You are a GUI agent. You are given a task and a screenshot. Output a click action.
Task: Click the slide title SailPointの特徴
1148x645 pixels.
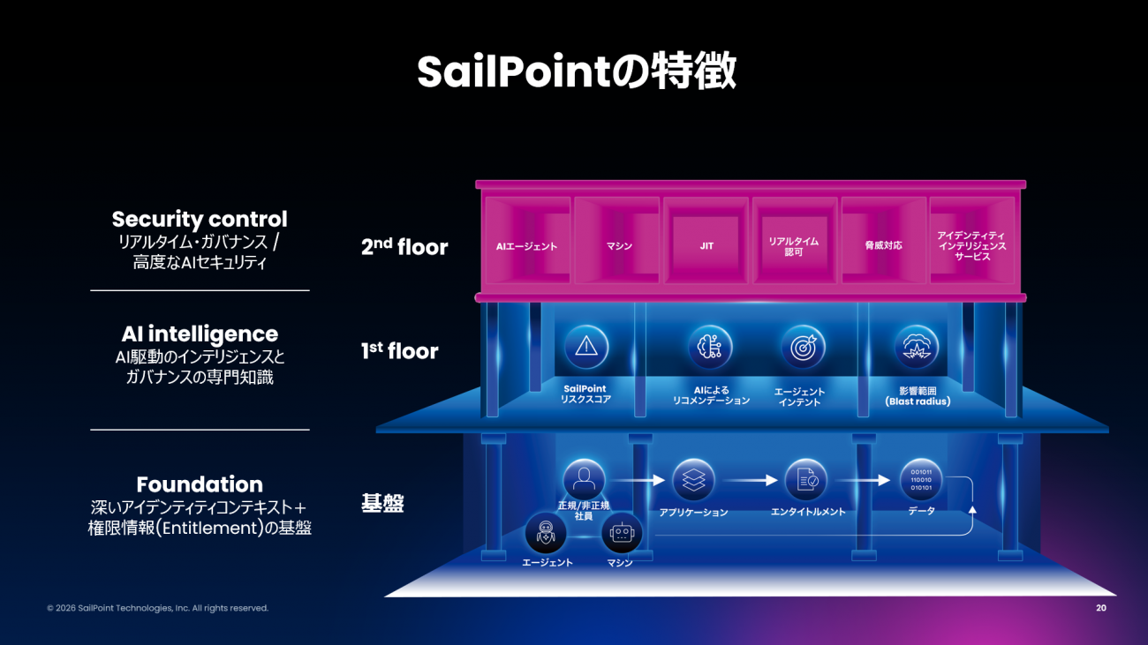pos(576,72)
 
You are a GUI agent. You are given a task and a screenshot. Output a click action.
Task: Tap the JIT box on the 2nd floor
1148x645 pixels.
pos(706,245)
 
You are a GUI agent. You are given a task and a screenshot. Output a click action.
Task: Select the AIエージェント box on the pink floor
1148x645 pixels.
pos(527,246)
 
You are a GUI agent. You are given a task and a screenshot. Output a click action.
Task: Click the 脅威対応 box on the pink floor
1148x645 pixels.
pos(883,245)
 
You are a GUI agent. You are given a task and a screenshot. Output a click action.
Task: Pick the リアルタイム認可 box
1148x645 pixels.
pos(793,246)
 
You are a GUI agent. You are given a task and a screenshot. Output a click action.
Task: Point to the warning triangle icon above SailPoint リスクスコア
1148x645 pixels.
pos(585,347)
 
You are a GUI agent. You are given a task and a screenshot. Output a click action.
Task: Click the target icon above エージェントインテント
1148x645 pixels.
pos(803,347)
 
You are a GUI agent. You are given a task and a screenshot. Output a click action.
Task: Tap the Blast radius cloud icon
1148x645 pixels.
pos(916,347)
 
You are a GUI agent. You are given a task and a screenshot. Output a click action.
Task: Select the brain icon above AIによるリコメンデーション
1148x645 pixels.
pos(710,347)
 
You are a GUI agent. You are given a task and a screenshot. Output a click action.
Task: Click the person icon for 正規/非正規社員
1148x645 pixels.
pos(584,481)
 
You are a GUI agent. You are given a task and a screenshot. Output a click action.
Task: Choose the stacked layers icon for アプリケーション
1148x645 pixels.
pos(693,481)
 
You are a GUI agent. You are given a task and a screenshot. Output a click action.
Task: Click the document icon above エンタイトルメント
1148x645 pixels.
pos(806,481)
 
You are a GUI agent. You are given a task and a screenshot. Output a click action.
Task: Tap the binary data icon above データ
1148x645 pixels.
pos(921,481)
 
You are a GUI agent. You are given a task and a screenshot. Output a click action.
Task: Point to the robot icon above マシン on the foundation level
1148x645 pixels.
pos(622,535)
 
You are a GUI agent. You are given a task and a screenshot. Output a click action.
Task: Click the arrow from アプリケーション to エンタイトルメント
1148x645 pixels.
pos(747,481)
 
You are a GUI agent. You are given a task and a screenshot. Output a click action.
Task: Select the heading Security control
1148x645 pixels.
pos(200,219)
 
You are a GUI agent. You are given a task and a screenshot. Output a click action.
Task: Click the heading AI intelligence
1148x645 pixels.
pos(200,334)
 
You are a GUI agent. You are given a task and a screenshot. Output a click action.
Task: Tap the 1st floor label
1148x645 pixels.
pos(399,351)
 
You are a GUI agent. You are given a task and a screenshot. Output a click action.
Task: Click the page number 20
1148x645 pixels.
pos(1100,608)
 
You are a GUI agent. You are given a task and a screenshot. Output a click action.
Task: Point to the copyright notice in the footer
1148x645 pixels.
pos(157,608)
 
